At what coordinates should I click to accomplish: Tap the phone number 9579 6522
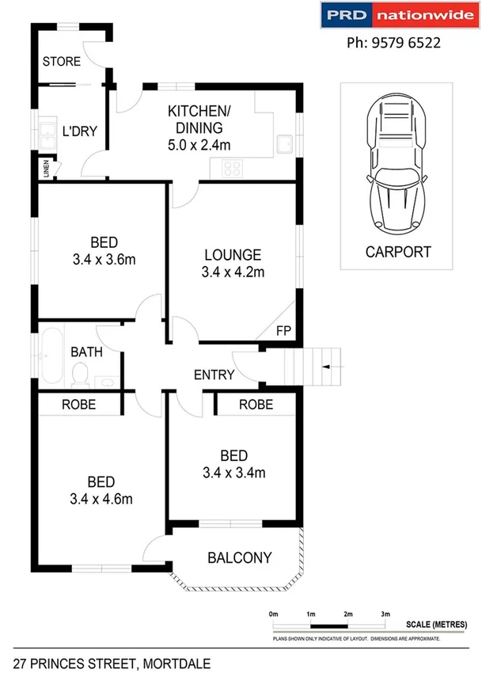point(394,44)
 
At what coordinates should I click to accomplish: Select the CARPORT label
point(398,253)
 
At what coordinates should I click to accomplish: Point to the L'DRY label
point(79,131)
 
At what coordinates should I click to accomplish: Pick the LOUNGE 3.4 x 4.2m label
point(233,264)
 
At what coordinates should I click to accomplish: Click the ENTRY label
point(214,375)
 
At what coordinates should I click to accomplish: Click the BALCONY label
point(239,557)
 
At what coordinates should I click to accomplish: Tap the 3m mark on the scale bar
point(385,614)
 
